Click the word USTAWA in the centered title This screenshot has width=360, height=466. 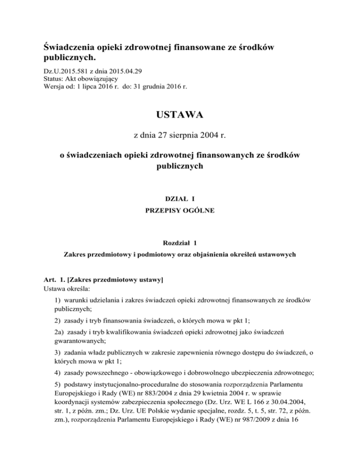[x=180, y=114]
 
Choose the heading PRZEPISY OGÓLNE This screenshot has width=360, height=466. [x=180, y=211]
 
